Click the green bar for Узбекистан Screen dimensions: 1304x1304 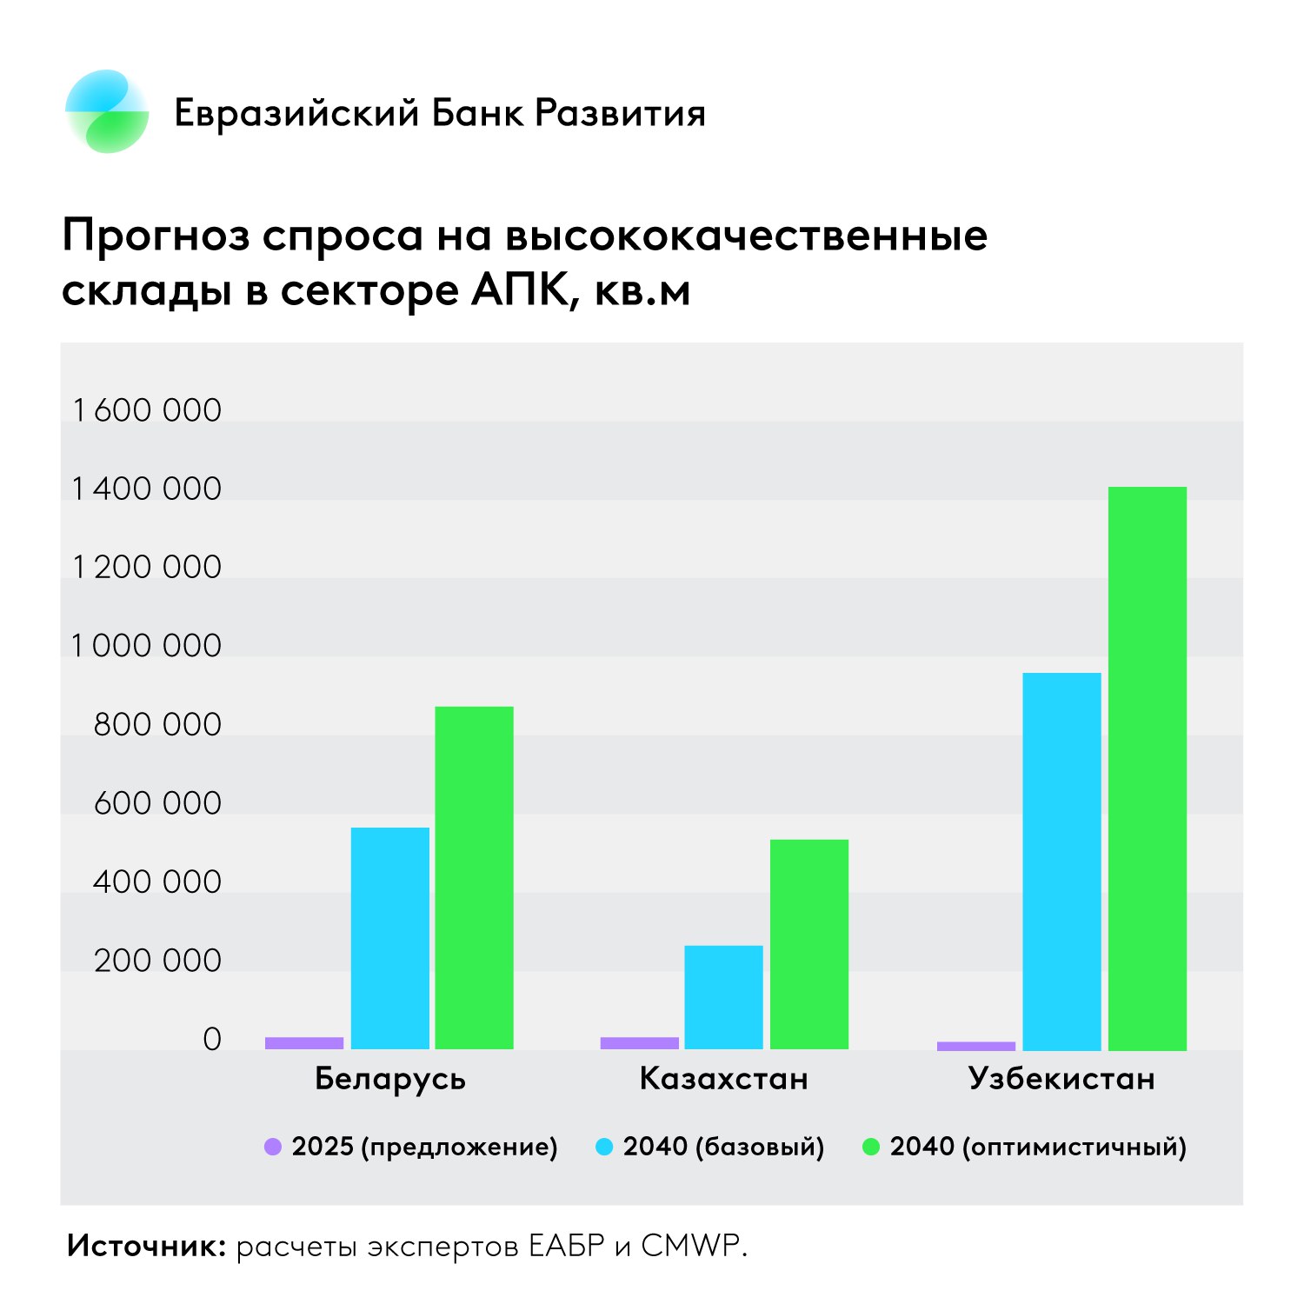point(1147,768)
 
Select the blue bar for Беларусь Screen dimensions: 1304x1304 point(389,938)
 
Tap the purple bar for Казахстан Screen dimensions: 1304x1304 point(639,1042)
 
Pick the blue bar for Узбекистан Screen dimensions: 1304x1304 point(1061,861)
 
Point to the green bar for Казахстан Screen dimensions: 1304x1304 point(808,944)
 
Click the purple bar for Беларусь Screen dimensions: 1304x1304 point(304,1042)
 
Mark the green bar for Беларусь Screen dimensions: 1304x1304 point(474,877)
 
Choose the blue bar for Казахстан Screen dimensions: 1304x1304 point(723,997)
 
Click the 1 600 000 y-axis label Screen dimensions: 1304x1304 point(147,410)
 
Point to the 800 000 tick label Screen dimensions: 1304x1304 point(157,724)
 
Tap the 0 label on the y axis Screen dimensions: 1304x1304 point(212,1039)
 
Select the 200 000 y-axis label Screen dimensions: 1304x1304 point(157,961)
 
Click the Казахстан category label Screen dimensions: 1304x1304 point(723,1079)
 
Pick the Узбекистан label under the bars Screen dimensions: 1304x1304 point(1061,1079)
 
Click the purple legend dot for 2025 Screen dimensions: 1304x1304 point(273,1147)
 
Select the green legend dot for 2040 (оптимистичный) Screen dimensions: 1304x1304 point(870,1147)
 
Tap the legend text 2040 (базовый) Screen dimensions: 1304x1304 point(723,1147)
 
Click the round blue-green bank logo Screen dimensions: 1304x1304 point(107,112)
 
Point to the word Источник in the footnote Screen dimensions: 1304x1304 point(146,1246)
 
